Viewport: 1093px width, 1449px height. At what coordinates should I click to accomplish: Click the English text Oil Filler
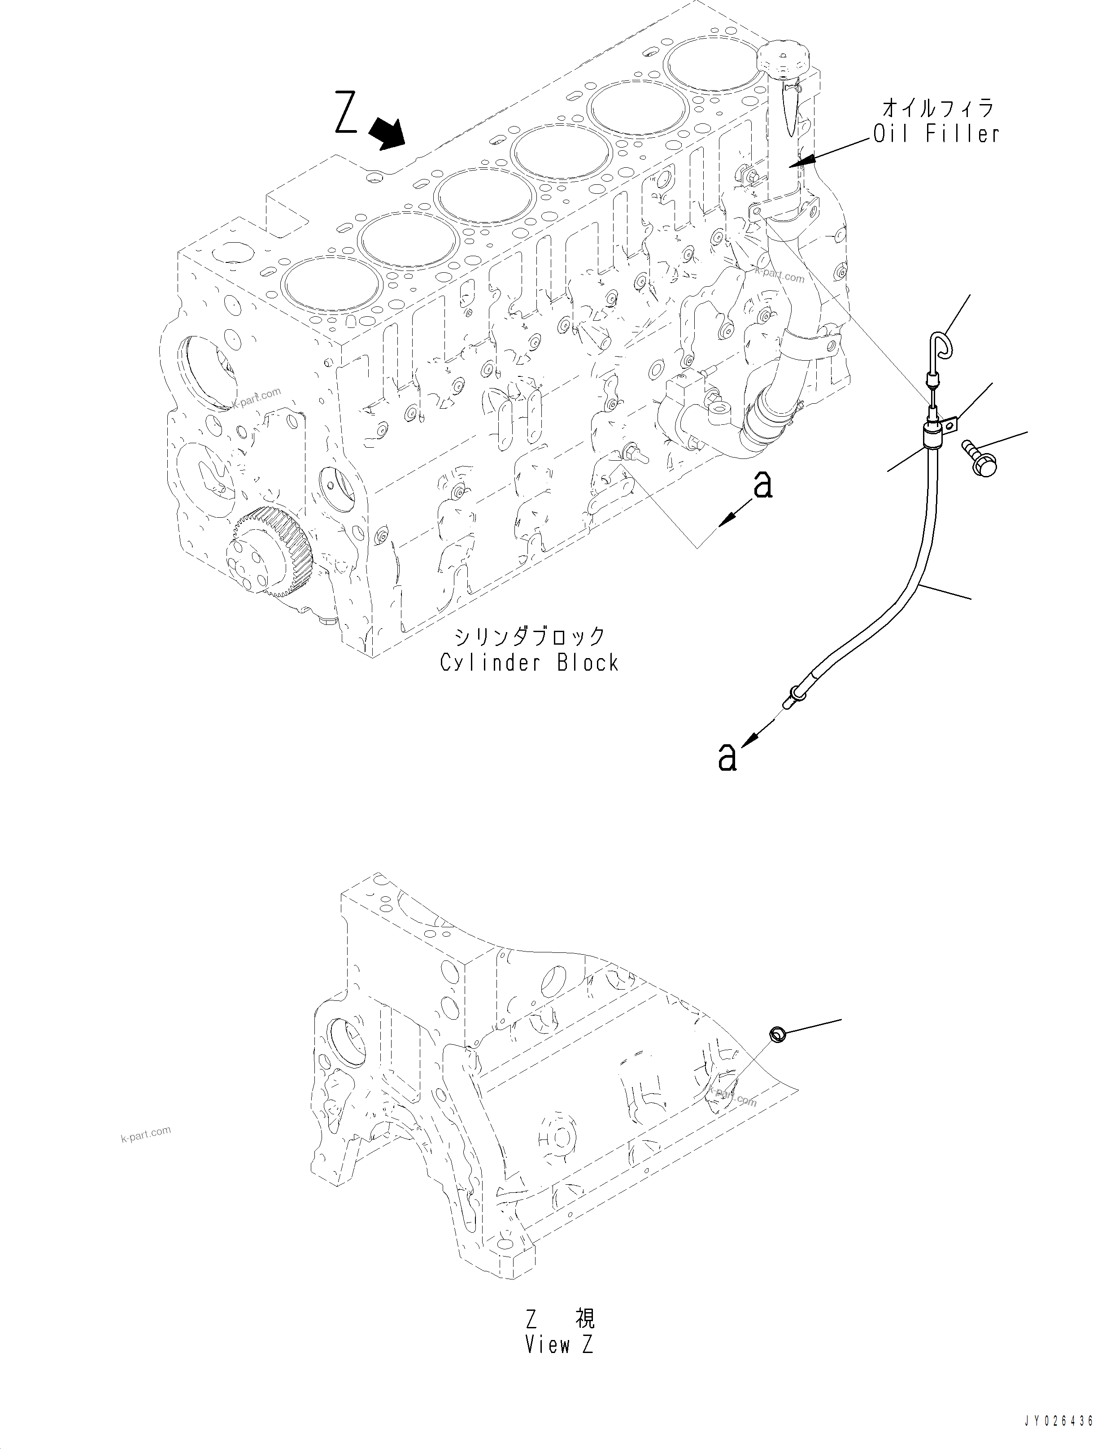[936, 134]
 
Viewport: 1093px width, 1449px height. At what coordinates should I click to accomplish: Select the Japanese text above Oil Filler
[938, 106]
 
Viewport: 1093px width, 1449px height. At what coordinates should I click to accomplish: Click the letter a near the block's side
[762, 485]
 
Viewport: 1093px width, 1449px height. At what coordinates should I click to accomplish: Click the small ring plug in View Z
[777, 1035]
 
